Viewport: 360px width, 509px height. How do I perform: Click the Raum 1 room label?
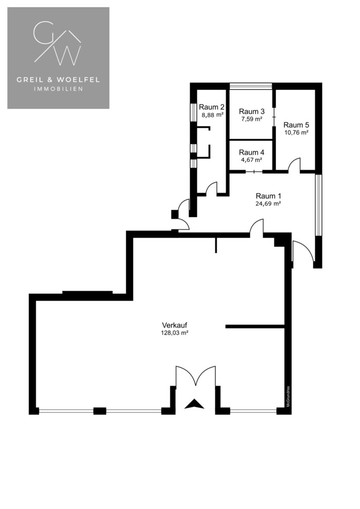tap(268, 196)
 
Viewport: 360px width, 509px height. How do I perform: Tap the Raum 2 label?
tap(212, 107)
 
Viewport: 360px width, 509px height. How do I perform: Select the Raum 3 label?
tap(251, 112)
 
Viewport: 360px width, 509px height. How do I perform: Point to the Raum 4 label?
tap(251, 152)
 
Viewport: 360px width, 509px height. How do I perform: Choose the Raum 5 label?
tap(296, 124)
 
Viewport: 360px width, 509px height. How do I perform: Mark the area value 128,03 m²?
tap(175, 333)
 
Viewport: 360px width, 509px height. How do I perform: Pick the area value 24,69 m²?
tap(268, 204)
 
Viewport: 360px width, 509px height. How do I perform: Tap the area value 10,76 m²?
tap(296, 133)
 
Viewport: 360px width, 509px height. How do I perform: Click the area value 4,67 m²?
tap(251, 160)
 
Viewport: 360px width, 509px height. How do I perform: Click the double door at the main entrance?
tap(195, 376)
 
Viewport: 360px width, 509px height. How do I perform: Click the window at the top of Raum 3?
tap(250, 86)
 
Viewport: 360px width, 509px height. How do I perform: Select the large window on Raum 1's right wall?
tap(318, 205)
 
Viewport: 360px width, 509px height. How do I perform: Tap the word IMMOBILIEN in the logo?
tap(59, 89)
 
